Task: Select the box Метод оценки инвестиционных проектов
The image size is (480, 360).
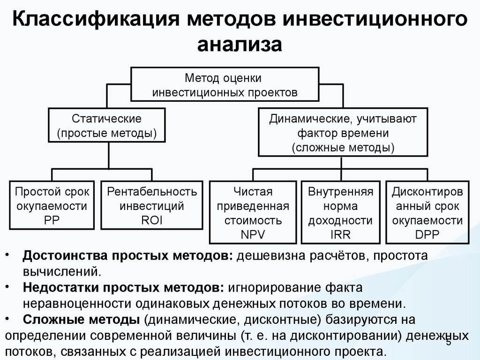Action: coord(225,84)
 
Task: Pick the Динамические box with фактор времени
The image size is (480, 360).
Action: coord(343,133)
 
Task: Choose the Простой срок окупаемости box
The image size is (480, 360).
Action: coord(52,205)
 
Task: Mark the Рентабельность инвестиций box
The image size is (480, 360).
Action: coord(152,205)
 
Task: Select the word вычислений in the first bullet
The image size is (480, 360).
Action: coord(59,272)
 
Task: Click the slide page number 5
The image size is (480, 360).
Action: coord(448,344)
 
